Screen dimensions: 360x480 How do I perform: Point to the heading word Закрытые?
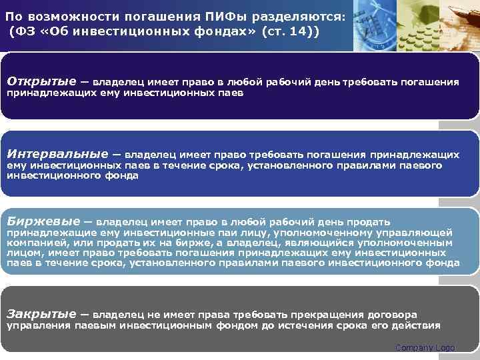pos(41,313)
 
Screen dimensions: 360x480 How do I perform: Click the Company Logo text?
pos(425,348)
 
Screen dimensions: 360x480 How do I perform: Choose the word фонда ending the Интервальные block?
pos(123,176)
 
